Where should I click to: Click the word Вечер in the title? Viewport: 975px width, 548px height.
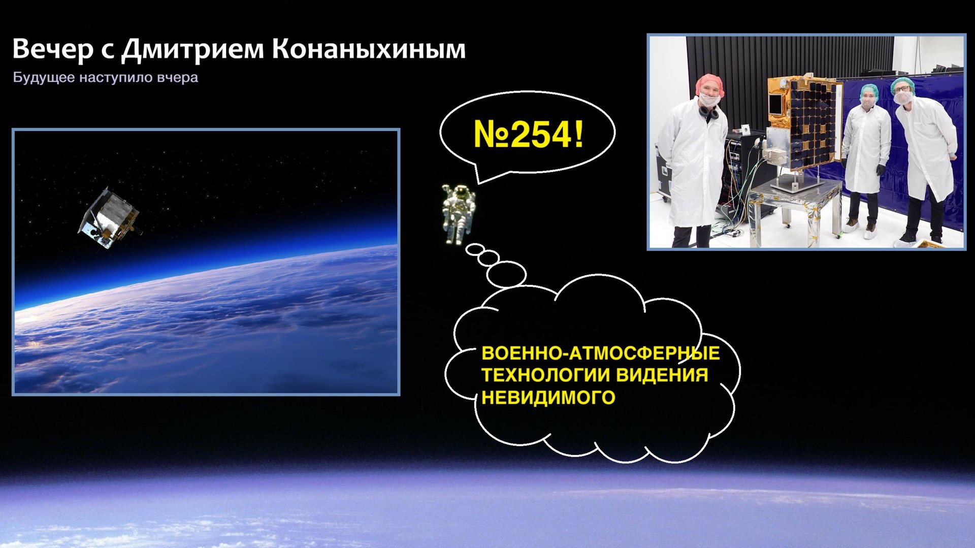[53, 49]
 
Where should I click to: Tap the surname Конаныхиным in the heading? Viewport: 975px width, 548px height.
[369, 49]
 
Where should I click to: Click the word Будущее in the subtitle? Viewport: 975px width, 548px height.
[43, 78]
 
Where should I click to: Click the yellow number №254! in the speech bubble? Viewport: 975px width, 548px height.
[528, 135]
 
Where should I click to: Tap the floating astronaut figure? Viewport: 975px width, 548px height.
[458, 213]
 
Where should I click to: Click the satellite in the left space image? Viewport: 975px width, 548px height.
[110, 218]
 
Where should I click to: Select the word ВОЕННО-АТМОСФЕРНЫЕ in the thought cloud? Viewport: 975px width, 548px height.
[600, 353]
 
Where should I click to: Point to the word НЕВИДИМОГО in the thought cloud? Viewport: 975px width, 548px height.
[548, 397]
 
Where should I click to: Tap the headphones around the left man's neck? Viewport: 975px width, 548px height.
[708, 112]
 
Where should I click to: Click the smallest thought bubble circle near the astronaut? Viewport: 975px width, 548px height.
[475, 249]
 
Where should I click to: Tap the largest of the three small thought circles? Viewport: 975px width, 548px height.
[506, 275]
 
